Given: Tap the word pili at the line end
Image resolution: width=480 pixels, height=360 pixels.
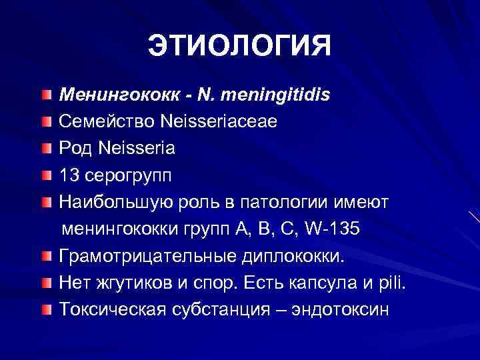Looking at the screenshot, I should (x=391, y=283).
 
